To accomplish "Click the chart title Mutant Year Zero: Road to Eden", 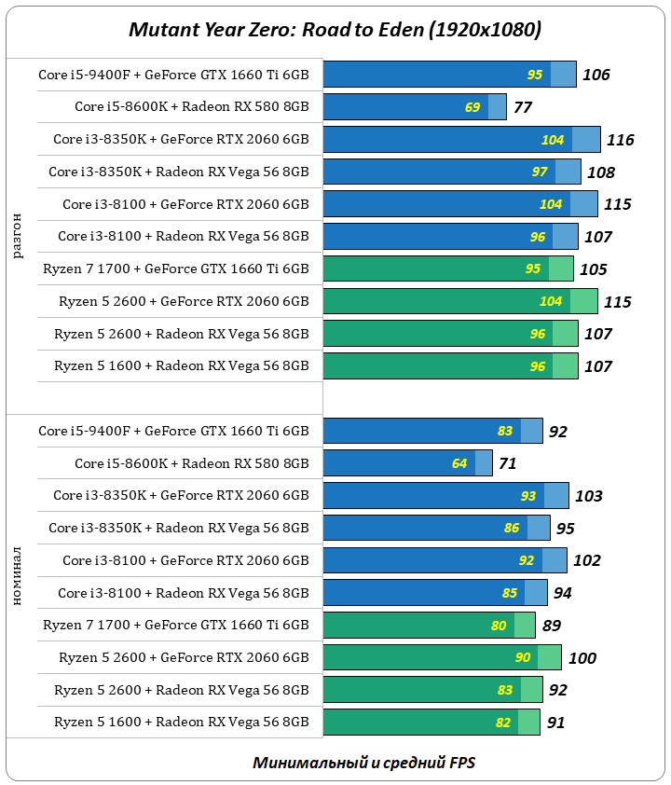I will click(x=335, y=30).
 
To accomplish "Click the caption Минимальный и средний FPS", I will click(x=363, y=762).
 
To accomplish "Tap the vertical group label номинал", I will click(x=20, y=578).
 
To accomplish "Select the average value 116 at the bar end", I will click(x=620, y=140).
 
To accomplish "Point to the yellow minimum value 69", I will click(x=472, y=107).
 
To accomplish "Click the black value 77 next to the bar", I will click(x=523, y=107).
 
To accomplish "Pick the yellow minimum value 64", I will click(x=459, y=463).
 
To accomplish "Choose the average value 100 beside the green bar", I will click(x=582, y=658).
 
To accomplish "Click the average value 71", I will click(x=507, y=463).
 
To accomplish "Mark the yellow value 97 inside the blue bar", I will click(x=540, y=172).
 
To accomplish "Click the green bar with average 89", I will click(x=429, y=626).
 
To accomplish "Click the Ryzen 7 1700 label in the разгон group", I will click(x=175, y=269).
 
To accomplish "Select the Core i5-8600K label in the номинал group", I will click(x=191, y=463).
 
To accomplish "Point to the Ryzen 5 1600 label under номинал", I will click(x=181, y=723).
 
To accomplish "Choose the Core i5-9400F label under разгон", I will click(x=173, y=75).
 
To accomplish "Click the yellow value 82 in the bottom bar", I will click(x=504, y=723).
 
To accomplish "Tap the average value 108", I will click(x=600, y=172).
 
